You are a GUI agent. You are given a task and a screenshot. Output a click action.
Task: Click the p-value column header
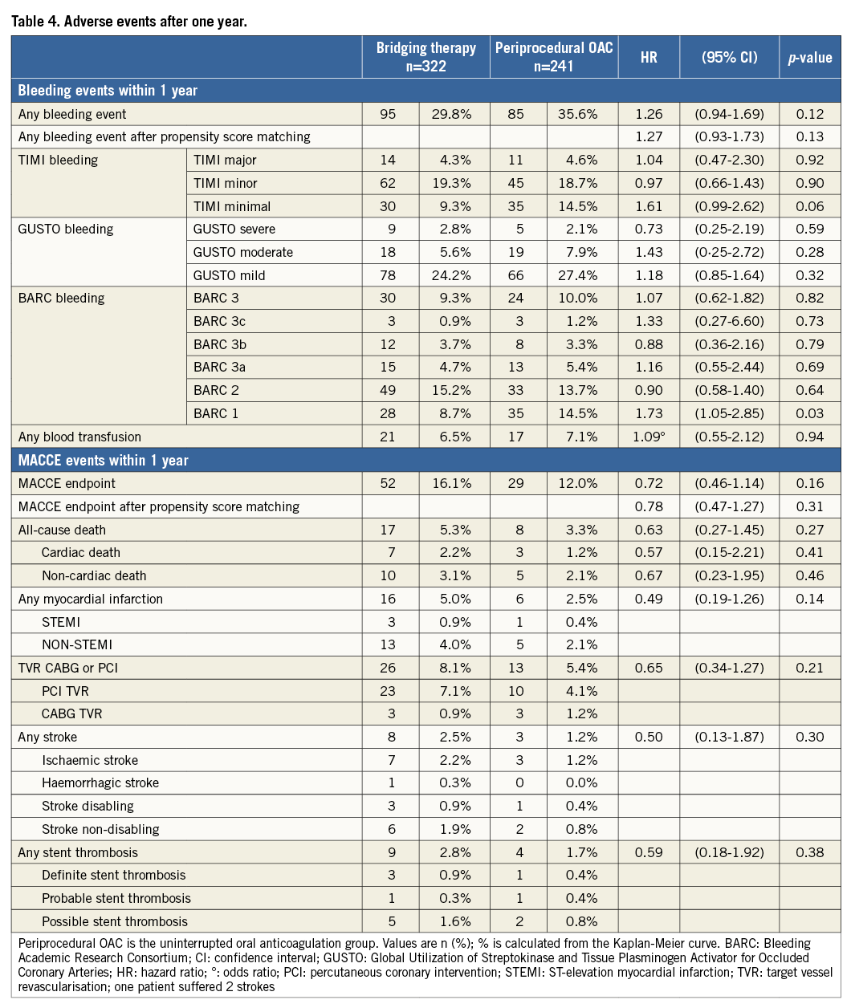point(809,58)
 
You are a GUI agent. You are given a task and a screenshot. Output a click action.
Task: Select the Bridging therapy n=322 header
point(425,57)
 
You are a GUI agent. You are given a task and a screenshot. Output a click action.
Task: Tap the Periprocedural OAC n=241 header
point(554,57)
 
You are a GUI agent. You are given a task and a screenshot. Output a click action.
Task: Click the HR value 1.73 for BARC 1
point(649,413)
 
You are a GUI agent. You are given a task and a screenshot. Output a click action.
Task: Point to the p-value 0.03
point(809,413)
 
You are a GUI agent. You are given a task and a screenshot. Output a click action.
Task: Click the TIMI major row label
point(225,160)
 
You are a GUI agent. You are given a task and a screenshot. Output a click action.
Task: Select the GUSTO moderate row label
point(242,252)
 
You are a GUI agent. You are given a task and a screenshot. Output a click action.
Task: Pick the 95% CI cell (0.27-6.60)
point(729,321)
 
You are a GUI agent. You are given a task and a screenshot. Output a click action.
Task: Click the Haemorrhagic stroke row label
point(100,782)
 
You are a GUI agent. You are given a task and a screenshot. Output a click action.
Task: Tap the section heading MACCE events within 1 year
point(104,460)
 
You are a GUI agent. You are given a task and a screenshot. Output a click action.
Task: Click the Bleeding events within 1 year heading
point(108,91)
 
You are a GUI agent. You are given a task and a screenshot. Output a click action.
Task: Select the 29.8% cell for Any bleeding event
point(451,114)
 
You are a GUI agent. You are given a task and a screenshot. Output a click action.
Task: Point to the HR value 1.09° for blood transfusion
point(649,437)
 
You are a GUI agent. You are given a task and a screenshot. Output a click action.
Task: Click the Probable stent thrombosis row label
point(116,898)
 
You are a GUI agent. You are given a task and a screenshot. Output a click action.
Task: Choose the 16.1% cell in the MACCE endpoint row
point(451,483)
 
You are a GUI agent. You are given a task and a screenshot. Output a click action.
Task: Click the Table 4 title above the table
point(128,21)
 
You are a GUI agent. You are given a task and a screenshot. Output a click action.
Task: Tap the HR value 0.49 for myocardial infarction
point(649,599)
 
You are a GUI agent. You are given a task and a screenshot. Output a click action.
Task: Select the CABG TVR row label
point(72,713)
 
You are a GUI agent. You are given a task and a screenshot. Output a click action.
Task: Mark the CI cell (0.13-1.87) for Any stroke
point(729,737)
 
